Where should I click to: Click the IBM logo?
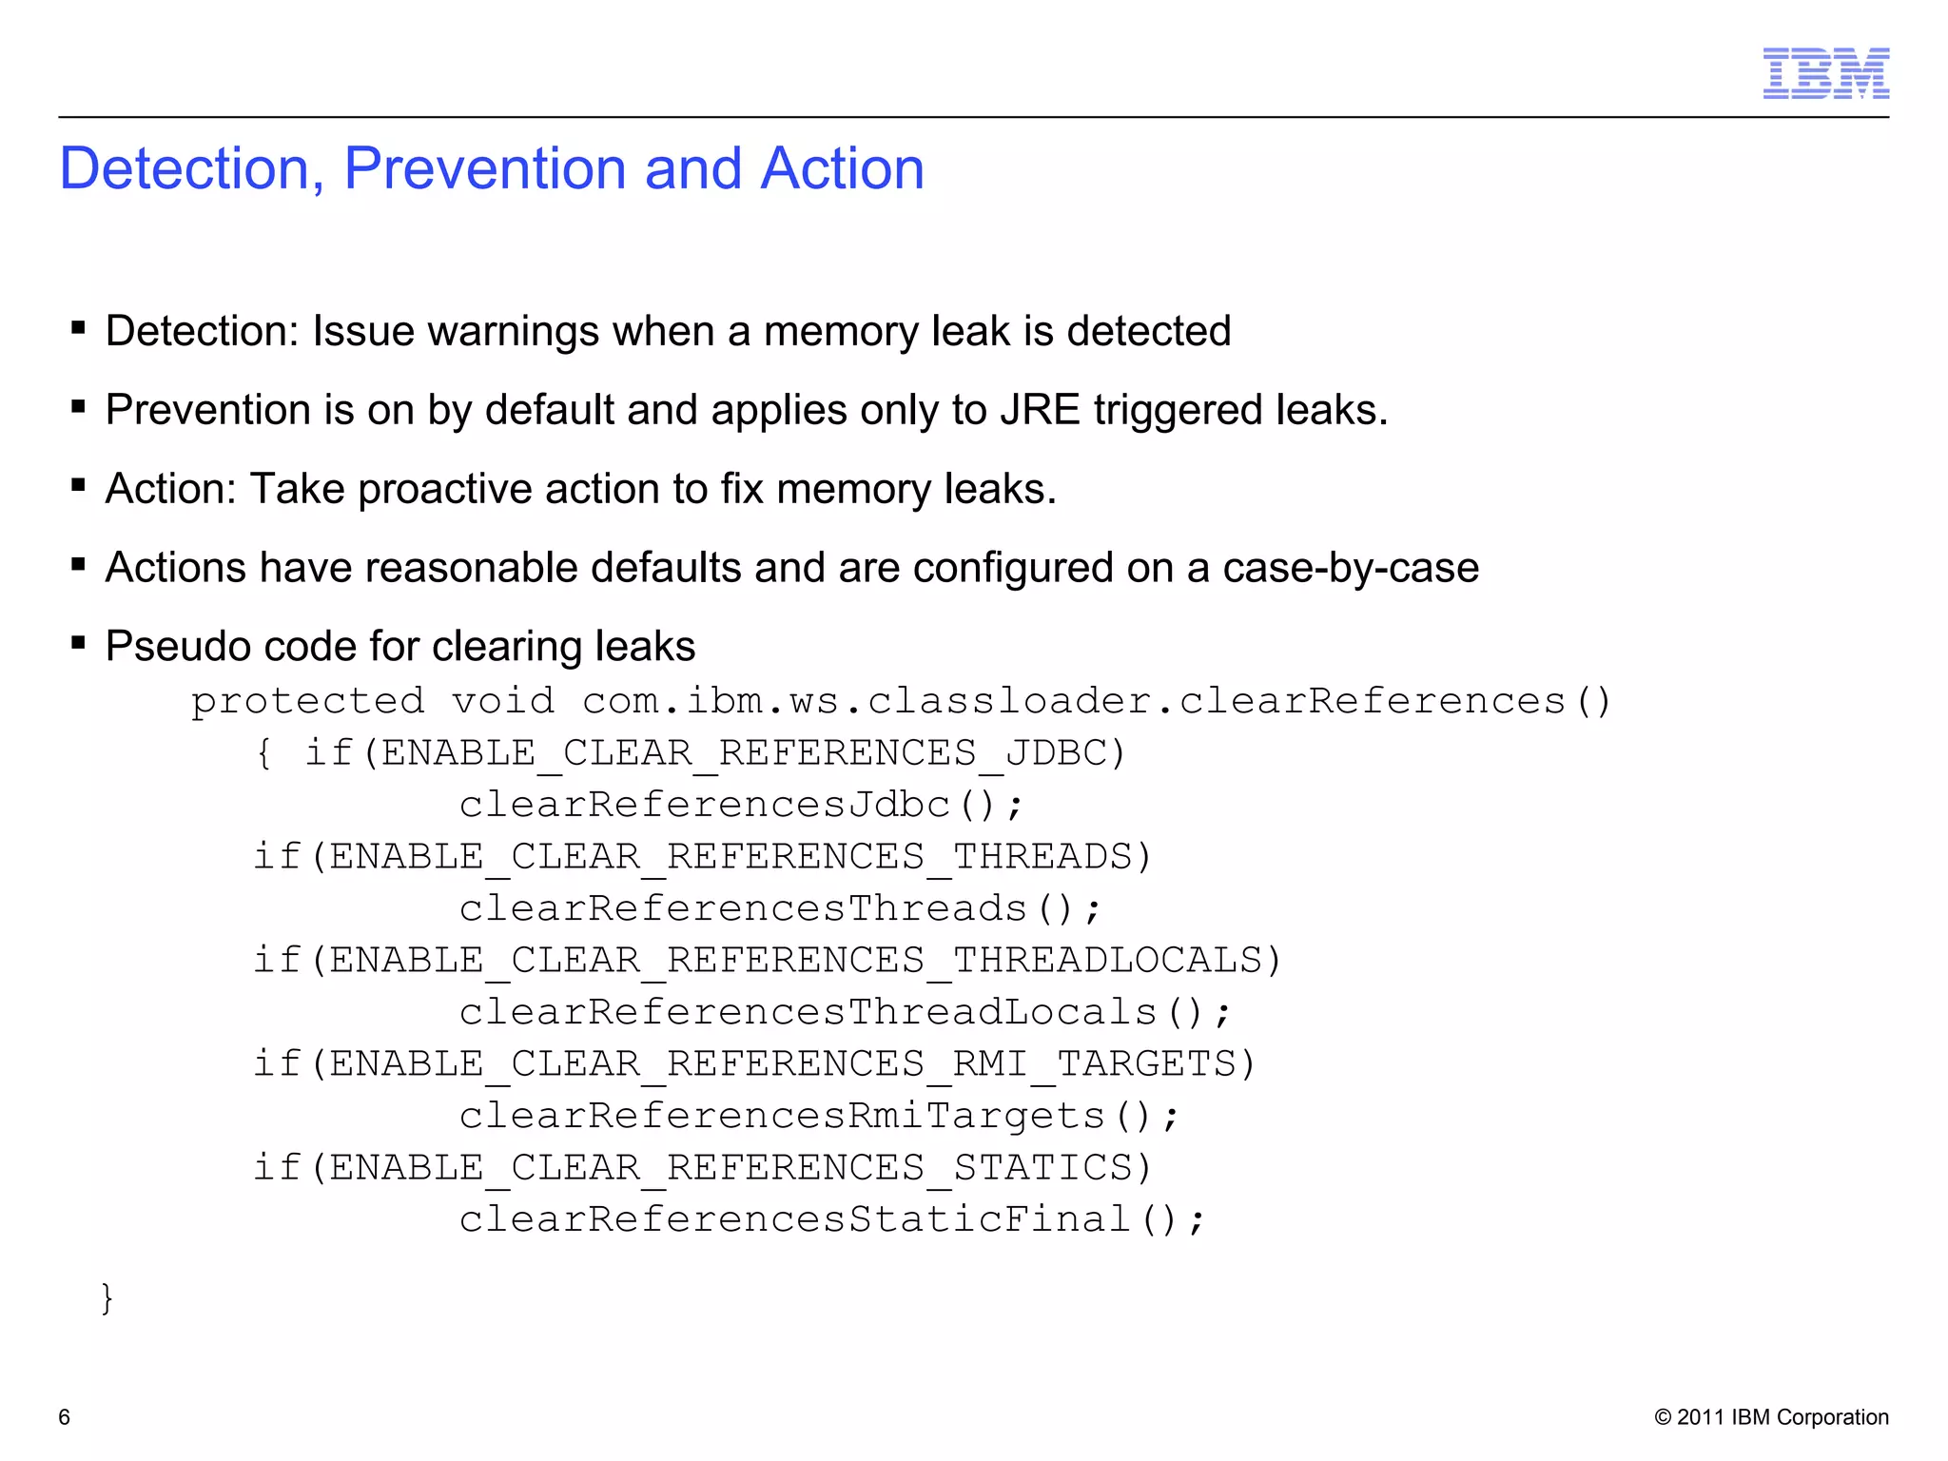tap(1825, 73)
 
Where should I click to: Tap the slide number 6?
tap(65, 1417)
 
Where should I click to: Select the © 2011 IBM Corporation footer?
tap(1771, 1417)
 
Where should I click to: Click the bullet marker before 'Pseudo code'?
tap(79, 644)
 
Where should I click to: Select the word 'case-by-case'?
tap(1351, 569)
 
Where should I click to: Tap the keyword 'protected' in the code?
tap(307, 702)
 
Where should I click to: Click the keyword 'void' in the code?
tap(503, 702)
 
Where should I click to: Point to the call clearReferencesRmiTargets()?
tap(819, 1117)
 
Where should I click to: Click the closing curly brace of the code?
tap(107, 1298)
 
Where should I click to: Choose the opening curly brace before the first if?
tap(264, 754)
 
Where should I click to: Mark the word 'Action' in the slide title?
tap(842, 169)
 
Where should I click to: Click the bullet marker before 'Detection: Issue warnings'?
tap(79, 329)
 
